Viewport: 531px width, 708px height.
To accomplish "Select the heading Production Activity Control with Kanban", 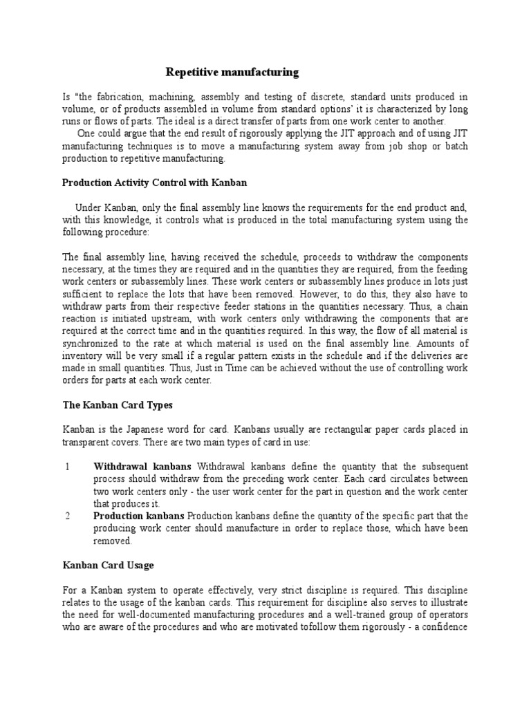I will coord(154,183).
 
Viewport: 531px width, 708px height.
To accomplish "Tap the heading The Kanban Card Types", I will coord(118,404).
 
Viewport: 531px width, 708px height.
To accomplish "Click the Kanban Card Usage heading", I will coord(108,565).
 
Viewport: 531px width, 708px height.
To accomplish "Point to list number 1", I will coord(67,467).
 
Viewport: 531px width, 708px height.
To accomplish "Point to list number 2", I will coord(67,516).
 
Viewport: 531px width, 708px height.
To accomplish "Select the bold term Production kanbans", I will coord(139,516).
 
